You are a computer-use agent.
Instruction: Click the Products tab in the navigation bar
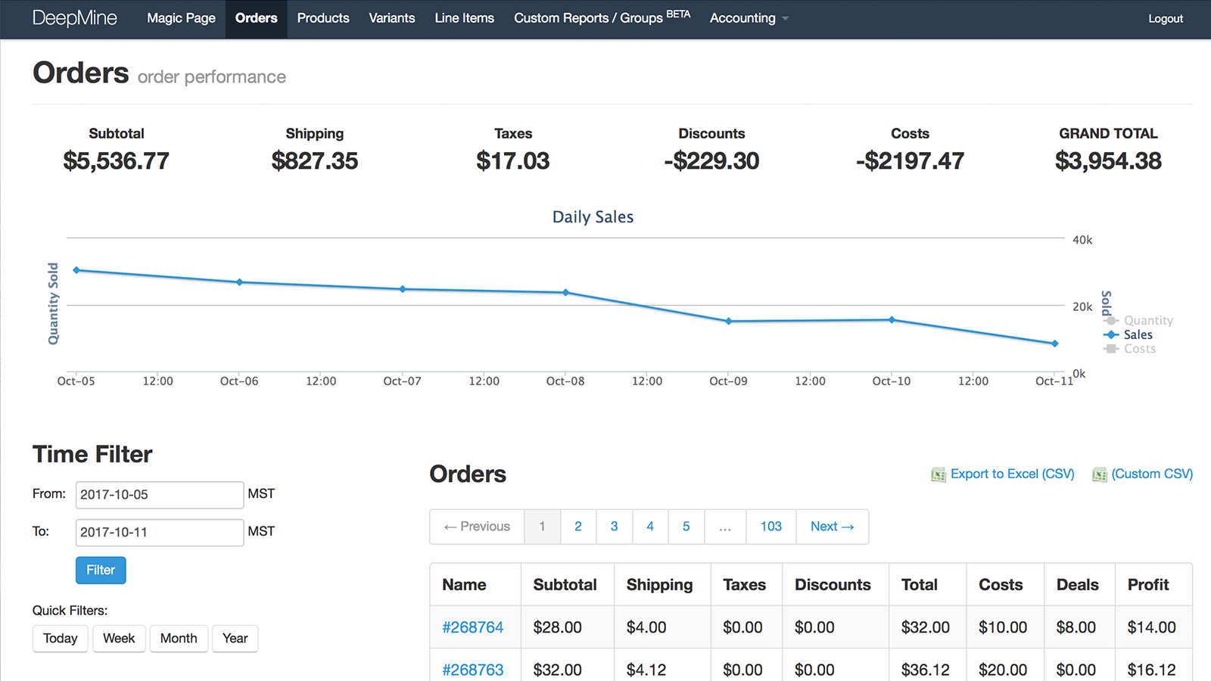coord(323,18)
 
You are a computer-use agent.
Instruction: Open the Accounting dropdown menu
coord(749,18)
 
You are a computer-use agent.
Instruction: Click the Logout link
coord(1165,19)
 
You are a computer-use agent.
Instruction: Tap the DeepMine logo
coord(75,18)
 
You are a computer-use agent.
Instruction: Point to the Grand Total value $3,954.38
coord(1108,161)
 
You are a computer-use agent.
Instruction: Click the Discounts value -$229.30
coord(711,161)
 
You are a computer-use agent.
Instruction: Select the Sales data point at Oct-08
coord(566,292)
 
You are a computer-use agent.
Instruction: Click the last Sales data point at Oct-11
coord(1055,344)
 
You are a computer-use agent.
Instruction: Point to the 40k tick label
coord(1082,240)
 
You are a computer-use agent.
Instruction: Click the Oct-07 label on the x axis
coord(402,381)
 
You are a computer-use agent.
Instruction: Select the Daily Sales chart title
coord(593,217)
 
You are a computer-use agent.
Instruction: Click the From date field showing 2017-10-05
coord(159,495)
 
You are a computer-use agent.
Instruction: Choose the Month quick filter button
coord(179,639)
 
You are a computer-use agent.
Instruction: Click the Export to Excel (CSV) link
coord(1012,474)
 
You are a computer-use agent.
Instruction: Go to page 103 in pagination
coord(770,527)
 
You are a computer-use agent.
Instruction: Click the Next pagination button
coord(832,527)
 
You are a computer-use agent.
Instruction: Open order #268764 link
coord(473,627)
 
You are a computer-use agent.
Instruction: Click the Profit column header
coord(1148,585)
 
